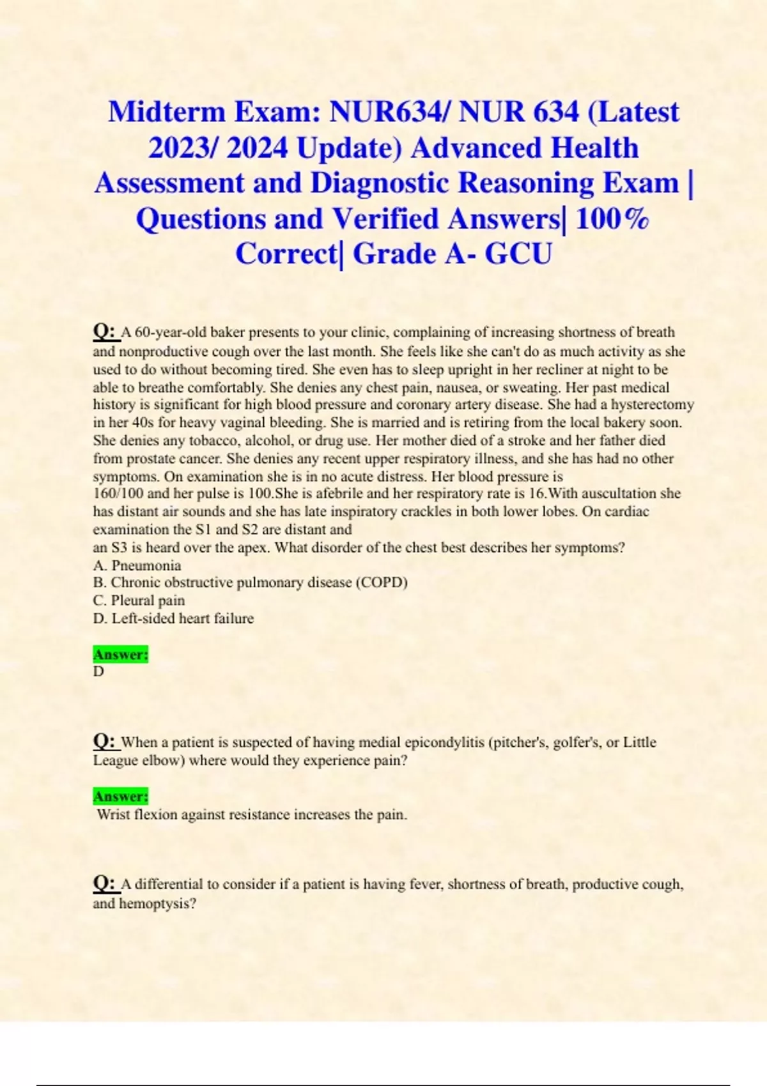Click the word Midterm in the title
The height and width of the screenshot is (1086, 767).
(166, 112)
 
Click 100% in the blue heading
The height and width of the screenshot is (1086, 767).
(612, 219)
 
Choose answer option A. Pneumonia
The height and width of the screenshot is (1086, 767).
(137, 565)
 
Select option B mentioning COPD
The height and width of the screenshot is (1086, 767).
(250, 583)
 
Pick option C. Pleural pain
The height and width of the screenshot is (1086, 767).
(139, 600)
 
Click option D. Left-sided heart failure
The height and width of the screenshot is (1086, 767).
(173, 618)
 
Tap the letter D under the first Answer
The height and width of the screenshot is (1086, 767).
(98, 671)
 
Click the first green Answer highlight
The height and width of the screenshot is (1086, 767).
(121, 655)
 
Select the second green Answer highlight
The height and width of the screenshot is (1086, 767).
(121, 797)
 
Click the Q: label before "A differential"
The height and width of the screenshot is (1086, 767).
(105, 884)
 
